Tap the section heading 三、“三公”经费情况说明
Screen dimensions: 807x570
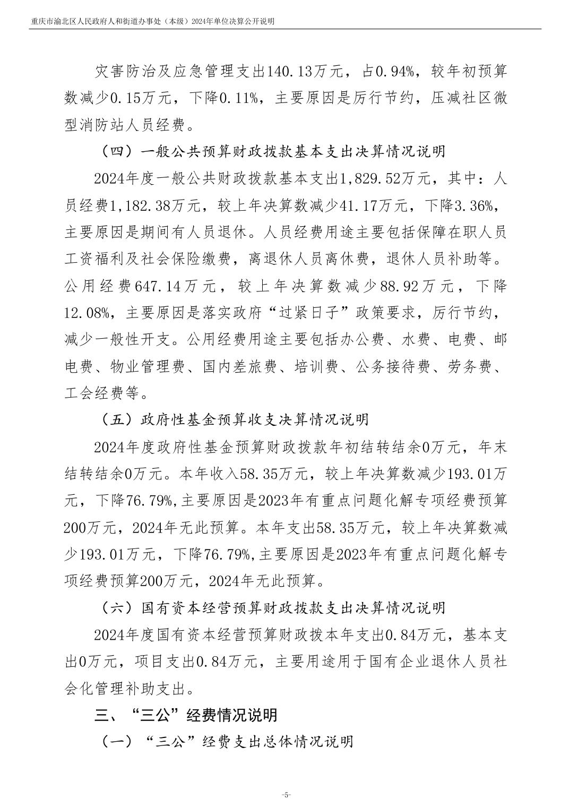click(x=186, y=716)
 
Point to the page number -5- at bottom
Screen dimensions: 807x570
click(x=285, y=795)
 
